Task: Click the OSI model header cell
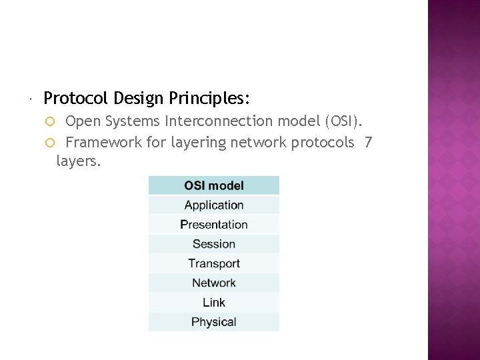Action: [x=213, y=185]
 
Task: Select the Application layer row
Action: [x=213, y=205]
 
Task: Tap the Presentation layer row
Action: [x=213, y=225]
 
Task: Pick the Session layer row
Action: [x=213, y=244]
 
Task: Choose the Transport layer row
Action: [x=213, y=263]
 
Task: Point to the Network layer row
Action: [x=213, y=283]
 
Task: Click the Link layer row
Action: [x=213, y=303]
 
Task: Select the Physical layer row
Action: [x=213, y=322]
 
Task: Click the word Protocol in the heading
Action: [x=76, y=99]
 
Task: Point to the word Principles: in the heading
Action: [x=209, y=99]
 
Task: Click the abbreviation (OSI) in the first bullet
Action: [x=343, y=121]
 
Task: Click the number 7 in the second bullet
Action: [x=369, y=142]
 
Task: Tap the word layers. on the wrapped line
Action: [x=79, y=161]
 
